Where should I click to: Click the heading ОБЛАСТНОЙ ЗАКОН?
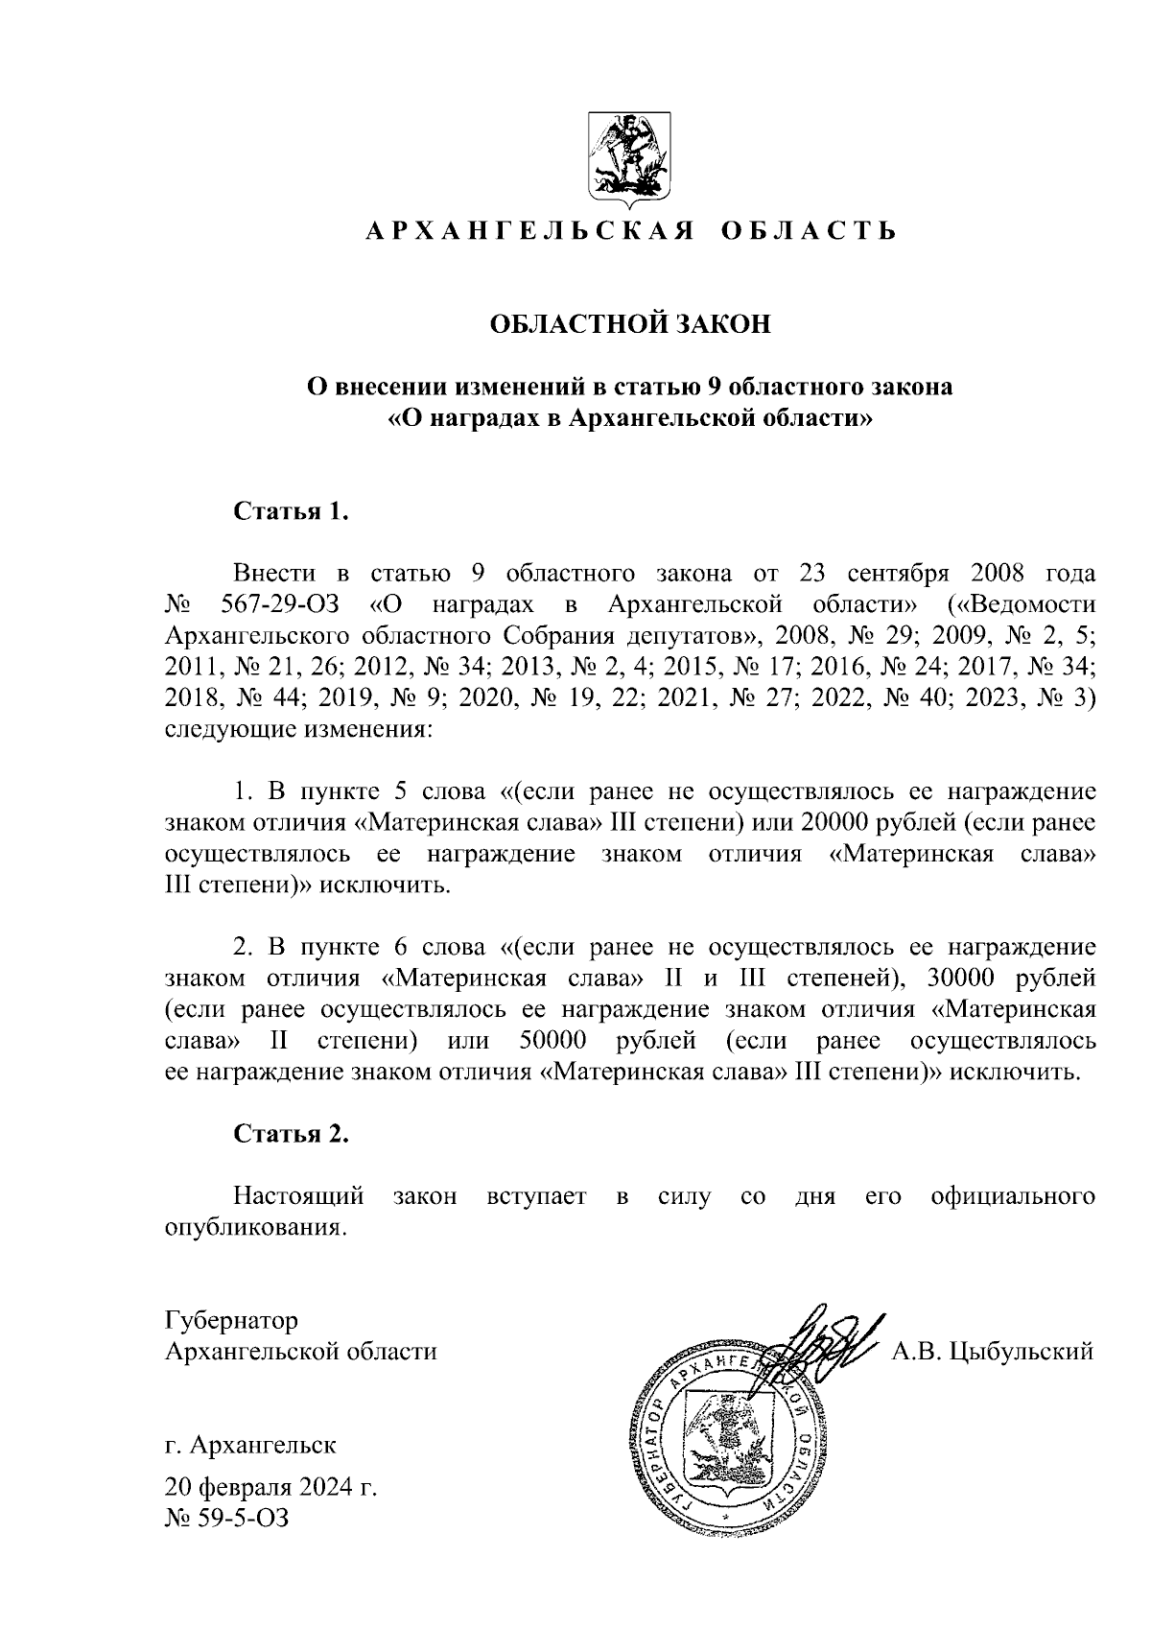pos(630,324)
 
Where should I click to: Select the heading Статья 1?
pos(291,511)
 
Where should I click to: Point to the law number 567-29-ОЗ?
pos(280,605)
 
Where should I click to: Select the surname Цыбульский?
pos(1022,1352)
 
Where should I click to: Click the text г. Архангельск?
pos(250,1444)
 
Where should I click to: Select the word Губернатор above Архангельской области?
pos(231,1321)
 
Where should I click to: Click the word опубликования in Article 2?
pos(254,1228)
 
